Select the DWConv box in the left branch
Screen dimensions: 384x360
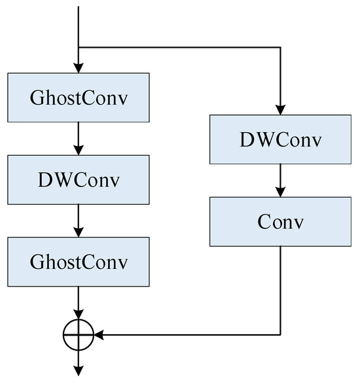pyautogui.click(x=79, y=180)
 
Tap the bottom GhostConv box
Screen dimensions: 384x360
pyautogui.click(x=79, y=262)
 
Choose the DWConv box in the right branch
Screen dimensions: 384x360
pyautogui.click(x=280, y=139)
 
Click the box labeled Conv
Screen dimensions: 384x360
pyautogui.click(x=280, y=222)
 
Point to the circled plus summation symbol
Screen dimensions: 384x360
pyautogui.click(x=79, y=336)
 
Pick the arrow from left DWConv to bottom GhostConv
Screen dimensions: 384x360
pyautogui.click(x=79, y=221)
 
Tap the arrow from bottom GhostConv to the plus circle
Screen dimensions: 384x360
pyautogui.click(x=79, y=303)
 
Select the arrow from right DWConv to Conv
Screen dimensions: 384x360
pyautogui.click(x=280, y=181)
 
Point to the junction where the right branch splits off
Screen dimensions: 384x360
pyautogui.click(x=79, y=47)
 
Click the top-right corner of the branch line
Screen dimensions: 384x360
pyautogui.click(x=280, y=47)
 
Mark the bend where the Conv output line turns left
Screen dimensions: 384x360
pyautogui.click(x=280, y=336)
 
